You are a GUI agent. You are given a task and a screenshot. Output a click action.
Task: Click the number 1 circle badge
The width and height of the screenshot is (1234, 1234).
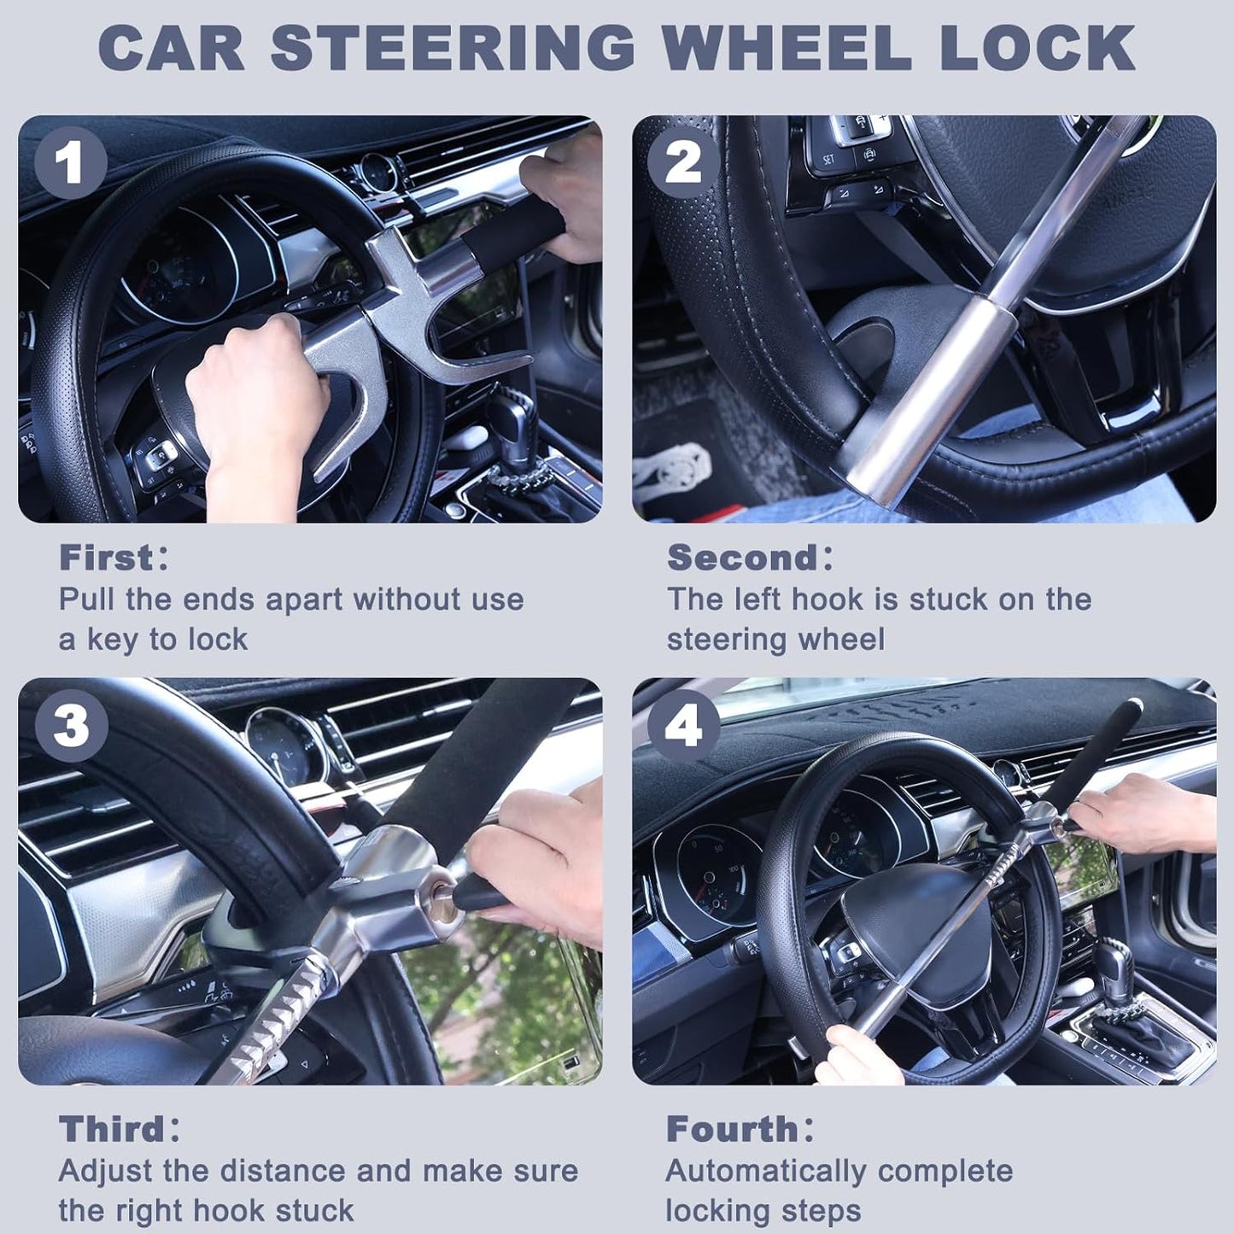(x=70, y=162)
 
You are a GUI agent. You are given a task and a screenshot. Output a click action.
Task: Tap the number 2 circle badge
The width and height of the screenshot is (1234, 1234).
(x=683, y=162)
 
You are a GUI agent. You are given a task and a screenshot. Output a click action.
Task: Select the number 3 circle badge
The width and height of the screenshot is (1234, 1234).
(x=70, y=726)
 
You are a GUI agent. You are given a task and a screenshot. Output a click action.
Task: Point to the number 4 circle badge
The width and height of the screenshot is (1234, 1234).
(x=683, y=726)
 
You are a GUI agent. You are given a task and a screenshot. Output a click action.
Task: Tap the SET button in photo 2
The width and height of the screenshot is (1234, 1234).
(x=828, y=160)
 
